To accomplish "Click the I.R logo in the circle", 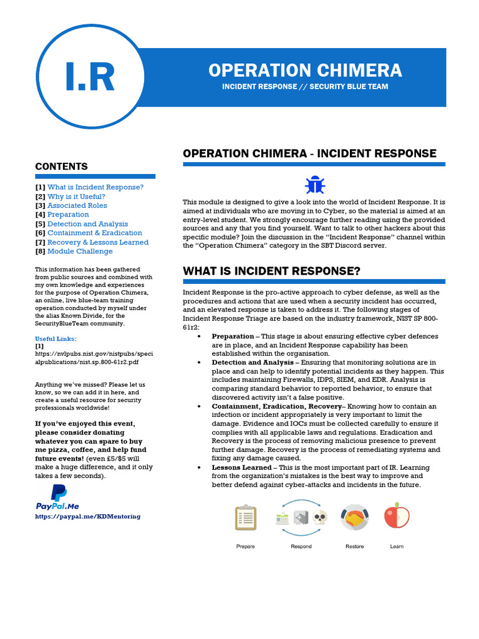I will (90, 77).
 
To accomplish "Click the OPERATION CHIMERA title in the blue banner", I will (305, 70).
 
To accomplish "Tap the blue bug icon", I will (314, 184).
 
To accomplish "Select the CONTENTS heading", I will (61, 167).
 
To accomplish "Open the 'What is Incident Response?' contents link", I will (95, 187).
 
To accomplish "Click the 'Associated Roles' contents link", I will (77, 205).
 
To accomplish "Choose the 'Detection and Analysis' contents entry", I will (87, 224).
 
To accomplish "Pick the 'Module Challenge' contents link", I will (80, 251).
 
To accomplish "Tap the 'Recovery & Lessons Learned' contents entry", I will (98, 242).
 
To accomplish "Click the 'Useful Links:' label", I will (56, 338).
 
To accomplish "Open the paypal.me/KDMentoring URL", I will (88, 516).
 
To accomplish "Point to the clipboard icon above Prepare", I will (245, 517).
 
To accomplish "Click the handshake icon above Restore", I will (354, 517).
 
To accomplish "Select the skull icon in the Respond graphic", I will (319, 517).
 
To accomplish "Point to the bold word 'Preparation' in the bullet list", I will (233, 336).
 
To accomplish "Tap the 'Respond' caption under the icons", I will (301, 547).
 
